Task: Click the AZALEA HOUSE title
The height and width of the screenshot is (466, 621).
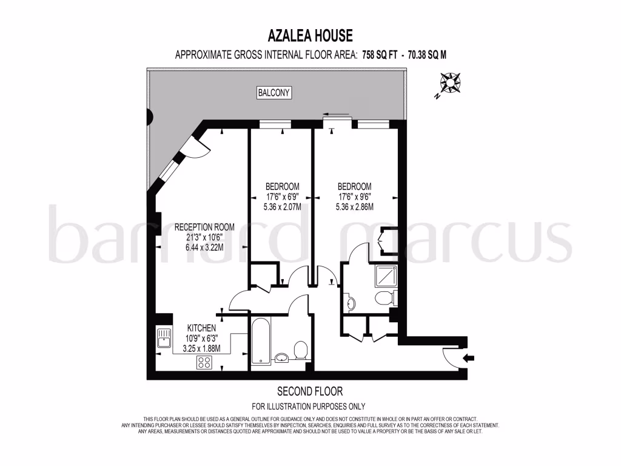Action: pyautogui.click(x=310, y=36)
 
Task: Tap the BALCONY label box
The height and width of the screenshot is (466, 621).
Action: pyautogui.click(x=275, y=93)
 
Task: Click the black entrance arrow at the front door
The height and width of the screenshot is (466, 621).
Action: pyautogui.click(x=469, y=359)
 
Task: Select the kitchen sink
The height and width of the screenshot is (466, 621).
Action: pyautogui.click(x=164, y=337)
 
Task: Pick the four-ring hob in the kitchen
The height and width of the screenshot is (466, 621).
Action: pyautogui.click(x=204, y=362)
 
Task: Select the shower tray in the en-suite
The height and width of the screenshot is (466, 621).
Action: pyautogui.click(x=384, y=276)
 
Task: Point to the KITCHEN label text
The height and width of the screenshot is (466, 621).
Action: pyautogui.click(x=202, y=328)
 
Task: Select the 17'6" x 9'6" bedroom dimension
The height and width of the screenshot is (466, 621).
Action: pyautogui.click(x=354, y=197)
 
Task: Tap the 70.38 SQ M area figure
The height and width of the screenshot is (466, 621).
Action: pyautogui.click(x=427, y=55)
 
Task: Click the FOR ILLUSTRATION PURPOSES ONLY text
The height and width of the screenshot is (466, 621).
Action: pyautogui.click(x=309, y=407)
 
